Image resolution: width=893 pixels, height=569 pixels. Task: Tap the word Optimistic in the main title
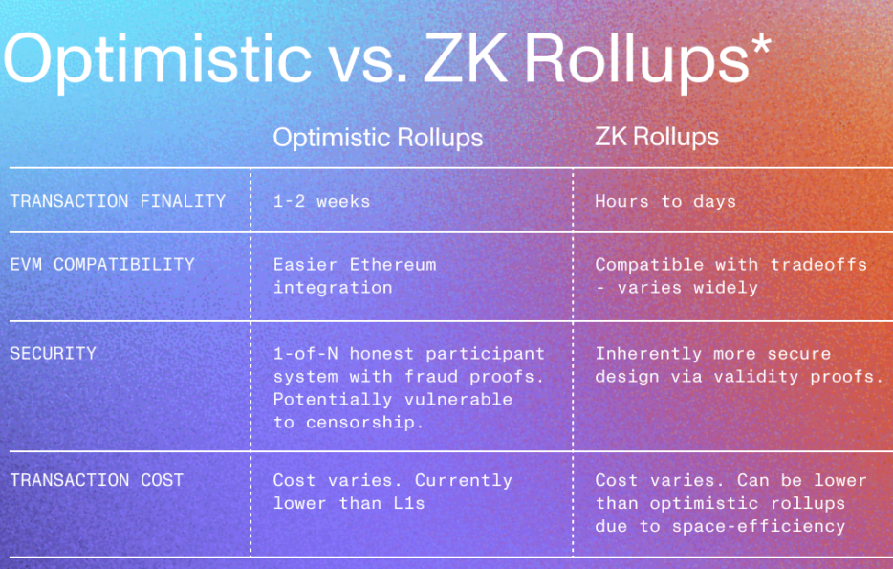(x=158, y=61)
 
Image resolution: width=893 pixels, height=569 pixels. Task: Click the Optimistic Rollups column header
(x=378, y=138)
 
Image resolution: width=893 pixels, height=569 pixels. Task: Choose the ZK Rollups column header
(x=657, y=138)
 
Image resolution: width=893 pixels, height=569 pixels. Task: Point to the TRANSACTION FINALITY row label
(x=118, y=201)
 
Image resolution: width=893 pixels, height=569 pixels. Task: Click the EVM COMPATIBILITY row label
(x=102, y=264)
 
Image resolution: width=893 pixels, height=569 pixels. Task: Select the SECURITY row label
(x=53, y=354)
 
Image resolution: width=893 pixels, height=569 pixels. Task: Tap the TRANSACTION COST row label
(x=97, y=480)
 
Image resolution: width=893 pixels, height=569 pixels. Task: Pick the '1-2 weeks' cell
(x=322, y=201)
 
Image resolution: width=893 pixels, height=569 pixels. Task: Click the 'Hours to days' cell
(x=665, y=201)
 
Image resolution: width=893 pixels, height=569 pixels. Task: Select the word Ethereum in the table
(x=393, y=264)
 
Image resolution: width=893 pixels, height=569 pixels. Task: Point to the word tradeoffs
(x=818, y=264)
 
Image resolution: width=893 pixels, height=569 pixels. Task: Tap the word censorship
(x=364, y=423)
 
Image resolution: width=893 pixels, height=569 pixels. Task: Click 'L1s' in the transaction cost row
(x=409, y=503)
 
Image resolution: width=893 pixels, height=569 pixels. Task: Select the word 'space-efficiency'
(x=758, y=526)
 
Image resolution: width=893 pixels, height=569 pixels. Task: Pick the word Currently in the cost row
(x=464, y=480)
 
